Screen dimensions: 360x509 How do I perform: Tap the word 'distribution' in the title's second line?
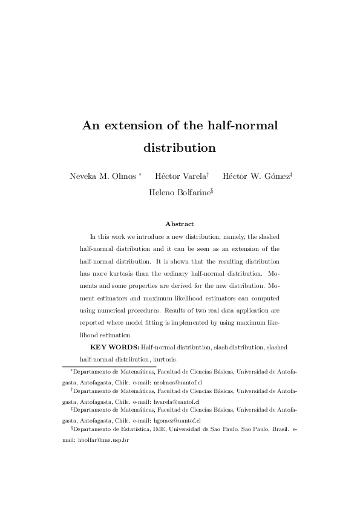180,147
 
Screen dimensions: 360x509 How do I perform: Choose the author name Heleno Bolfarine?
178,193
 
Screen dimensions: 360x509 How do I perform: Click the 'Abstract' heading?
180,224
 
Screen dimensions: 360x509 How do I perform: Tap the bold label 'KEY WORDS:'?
114,347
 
